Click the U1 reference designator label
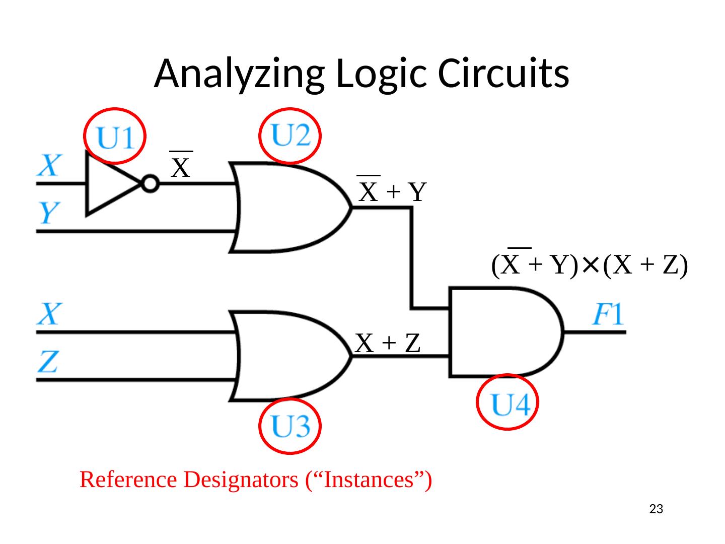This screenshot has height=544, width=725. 116,137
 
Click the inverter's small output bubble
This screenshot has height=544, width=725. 150,184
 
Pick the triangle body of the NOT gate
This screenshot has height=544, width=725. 108,184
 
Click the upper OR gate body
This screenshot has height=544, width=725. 287,208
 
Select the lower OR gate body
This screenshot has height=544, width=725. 287,356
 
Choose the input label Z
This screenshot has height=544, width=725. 49,362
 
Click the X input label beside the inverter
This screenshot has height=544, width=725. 50,165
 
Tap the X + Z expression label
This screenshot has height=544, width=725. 388,343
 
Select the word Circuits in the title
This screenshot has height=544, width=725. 503,74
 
